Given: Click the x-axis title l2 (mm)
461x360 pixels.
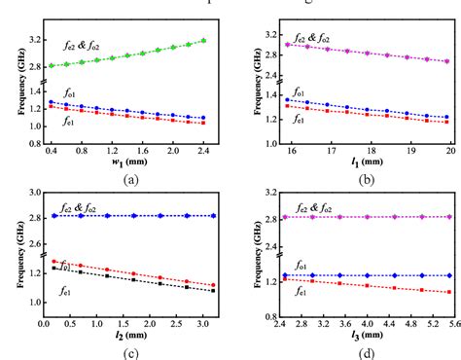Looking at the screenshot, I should coord(129,334).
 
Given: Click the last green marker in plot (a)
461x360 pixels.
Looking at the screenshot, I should coord(201,41).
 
